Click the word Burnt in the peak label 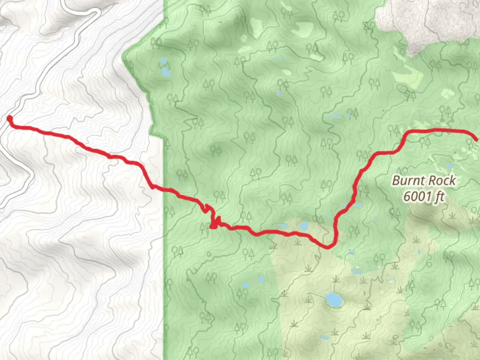point(408,181)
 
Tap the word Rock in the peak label point(442,181)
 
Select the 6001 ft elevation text point(424,197)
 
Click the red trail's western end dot point(10,118)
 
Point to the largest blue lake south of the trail point(332,299)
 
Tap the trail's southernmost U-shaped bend point(328,246)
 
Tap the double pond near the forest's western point point(164,68)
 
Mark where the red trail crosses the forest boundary point(164,189)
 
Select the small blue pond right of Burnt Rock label point(450,166)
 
